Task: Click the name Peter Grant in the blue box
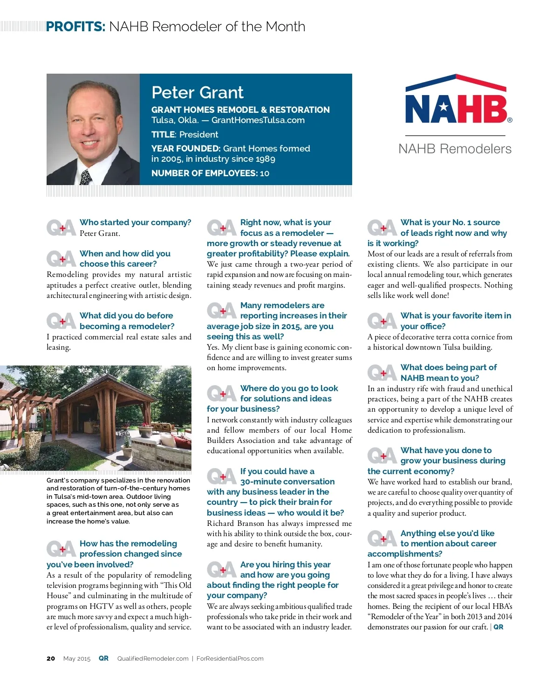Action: [x=198, y=92]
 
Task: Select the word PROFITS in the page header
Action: [x=76, y=27]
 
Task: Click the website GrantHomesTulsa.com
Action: [x=258, y=120]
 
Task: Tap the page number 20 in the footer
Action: [x=51, y=659]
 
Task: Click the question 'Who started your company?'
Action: [x=135, y=222]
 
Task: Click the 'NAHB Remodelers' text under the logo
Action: [x=455, y=149]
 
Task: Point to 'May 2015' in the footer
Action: [x=77, y=659]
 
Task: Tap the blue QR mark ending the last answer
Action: [x=498, y=627]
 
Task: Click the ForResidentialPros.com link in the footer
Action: [x=230, y=659]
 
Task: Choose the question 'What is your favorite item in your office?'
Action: [x=455, y=321]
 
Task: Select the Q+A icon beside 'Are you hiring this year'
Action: [x=221, y=570]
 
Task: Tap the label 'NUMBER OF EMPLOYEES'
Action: [x=204, y=173]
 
